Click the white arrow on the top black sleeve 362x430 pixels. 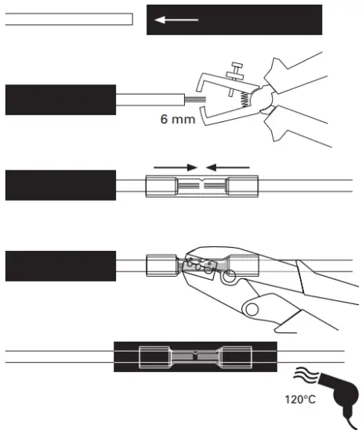click(175, 20)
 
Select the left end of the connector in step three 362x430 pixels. click(161, 187)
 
